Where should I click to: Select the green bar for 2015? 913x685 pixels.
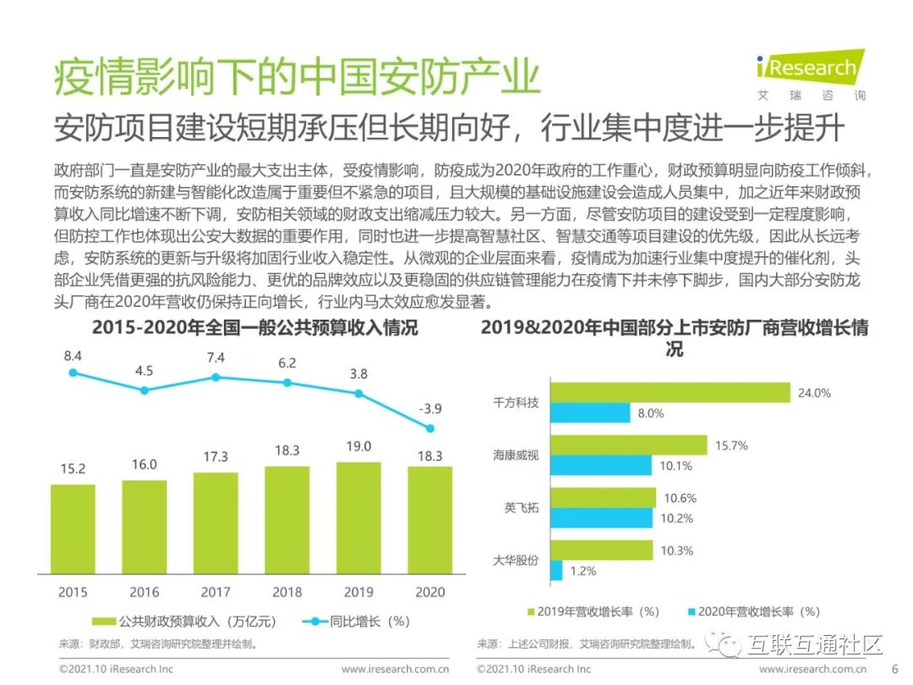73,529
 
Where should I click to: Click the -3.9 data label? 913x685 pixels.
429,408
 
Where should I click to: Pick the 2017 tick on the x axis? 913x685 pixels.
215,592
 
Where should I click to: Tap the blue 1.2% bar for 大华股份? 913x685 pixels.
556,571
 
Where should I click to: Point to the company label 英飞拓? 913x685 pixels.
522,507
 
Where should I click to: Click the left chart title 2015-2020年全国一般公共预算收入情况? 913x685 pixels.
254,327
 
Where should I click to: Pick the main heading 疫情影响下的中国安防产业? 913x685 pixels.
296,78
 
